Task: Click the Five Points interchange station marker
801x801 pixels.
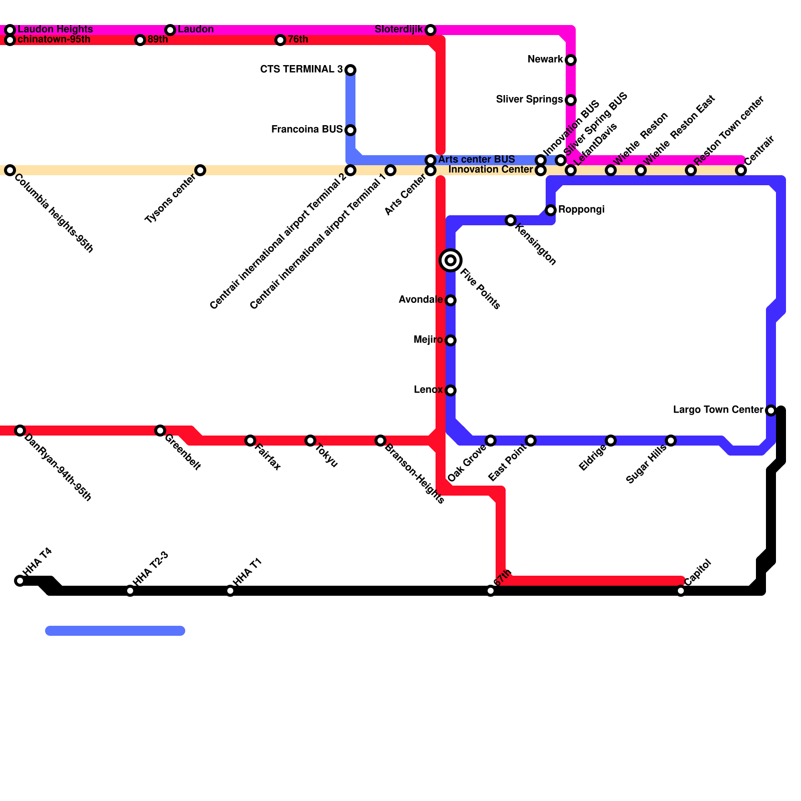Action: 451,260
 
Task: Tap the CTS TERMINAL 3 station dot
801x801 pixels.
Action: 350,70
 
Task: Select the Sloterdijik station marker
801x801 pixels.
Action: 431,30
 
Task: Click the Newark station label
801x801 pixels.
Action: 545,60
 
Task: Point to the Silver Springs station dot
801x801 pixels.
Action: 571,100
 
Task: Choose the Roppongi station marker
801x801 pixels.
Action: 551,210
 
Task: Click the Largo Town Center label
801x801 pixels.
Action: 718,410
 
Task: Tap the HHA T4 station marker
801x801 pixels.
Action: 20,581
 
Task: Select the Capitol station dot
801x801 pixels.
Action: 681,591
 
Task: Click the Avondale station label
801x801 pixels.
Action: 420,300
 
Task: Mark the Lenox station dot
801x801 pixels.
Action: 451,390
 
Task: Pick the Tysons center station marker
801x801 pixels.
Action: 200,170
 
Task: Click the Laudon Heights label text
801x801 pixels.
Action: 55,29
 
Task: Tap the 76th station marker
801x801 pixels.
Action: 280,40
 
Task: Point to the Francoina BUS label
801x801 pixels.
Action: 306,130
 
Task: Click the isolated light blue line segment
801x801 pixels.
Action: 115,631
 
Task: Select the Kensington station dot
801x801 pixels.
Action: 511,220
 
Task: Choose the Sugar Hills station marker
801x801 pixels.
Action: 671,441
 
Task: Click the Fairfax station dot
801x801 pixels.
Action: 250,441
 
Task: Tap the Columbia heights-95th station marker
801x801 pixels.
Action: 10,170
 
